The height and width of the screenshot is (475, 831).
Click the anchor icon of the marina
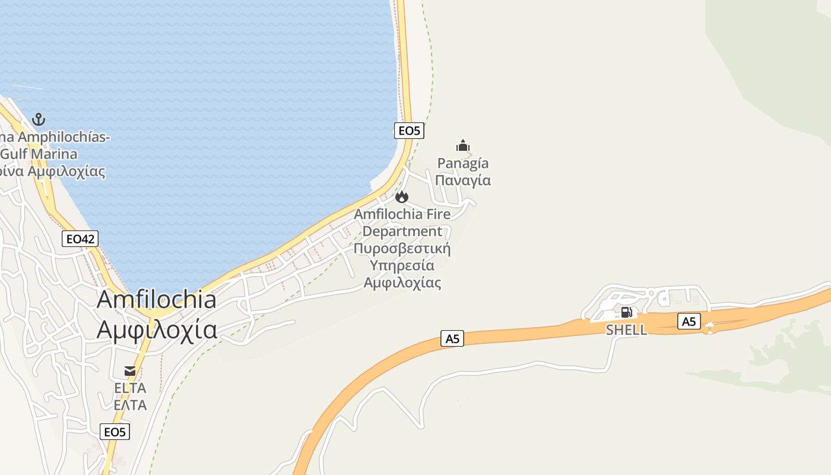coord(39,119)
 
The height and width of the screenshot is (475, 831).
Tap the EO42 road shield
coord(80,239)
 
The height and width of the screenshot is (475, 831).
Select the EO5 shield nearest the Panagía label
coord(409,131)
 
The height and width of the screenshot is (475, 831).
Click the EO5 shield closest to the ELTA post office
coord(115,432)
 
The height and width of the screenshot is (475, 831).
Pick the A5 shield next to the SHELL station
coord(689,322)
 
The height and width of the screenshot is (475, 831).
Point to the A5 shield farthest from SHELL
coord(452,338)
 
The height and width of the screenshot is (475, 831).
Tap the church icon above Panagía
coord(463,145)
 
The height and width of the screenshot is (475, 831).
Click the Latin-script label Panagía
coord(463,163)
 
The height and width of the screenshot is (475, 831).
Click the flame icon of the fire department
coord(402,197)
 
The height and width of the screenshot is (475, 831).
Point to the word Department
coord(402,231)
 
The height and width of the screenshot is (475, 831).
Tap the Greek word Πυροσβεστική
coord(402,248)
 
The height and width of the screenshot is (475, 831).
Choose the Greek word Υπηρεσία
coord(402,265)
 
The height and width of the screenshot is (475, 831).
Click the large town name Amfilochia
coord(157,299)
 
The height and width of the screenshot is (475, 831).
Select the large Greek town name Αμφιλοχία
coord(157,329)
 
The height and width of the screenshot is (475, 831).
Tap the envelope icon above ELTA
coord(130,371)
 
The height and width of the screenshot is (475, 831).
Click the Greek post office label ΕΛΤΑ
coord(130,405)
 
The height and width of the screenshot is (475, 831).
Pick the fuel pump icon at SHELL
coord(626,312)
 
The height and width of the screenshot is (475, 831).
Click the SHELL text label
coord(626,330)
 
